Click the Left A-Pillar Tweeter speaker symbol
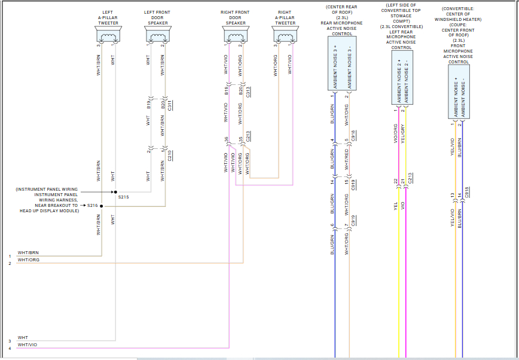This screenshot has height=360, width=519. (x=108, y=38)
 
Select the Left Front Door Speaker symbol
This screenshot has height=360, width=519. (x=157, y=38)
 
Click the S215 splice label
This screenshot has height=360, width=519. (x=124, y=196)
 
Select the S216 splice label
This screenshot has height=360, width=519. (x=92, y=205)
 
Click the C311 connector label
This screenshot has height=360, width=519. (x=170, y=106)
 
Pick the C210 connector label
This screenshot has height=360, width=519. (x=170, y=155)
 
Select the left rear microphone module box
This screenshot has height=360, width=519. (x=402, y=78)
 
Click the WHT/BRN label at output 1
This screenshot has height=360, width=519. (x=28, y=253)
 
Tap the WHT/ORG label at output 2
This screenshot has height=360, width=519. (x=28, y=260)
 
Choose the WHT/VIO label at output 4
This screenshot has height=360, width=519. (x=28, y=344)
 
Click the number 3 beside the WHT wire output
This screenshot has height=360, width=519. (x=10, y=341)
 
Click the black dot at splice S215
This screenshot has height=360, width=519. (x=115, y=192)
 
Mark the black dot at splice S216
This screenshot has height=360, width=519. (x=102, y=206)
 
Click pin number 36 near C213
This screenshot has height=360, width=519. (x=227, y=139)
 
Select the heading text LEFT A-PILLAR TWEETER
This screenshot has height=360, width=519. (x=108, y=17)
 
